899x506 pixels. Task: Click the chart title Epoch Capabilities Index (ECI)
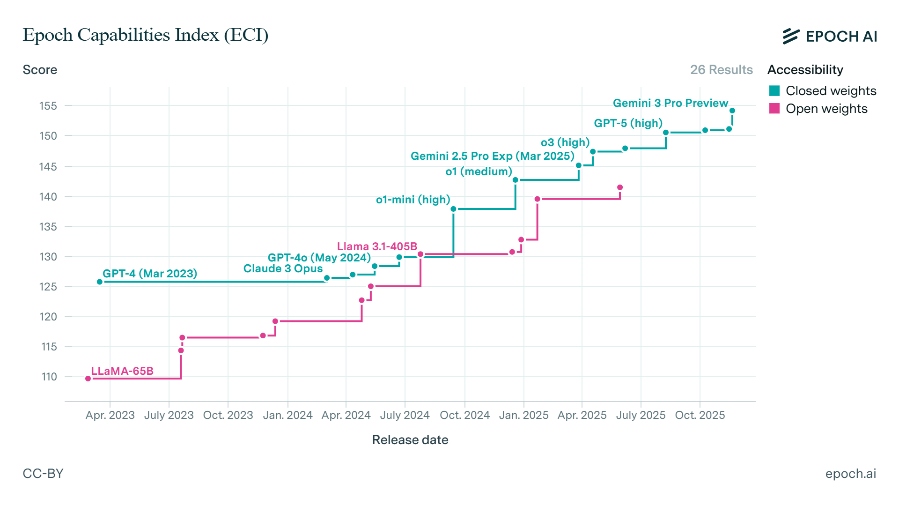click(x=146, y=35)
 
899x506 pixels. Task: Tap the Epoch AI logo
click(x=829, y=36)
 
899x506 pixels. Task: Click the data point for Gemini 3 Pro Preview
click(x=732, y=111)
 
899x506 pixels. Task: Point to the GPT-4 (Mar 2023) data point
click(x=100, y=282)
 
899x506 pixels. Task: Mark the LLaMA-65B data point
click(x=88, y=379)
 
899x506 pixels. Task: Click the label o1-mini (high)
click(x=413, y=200)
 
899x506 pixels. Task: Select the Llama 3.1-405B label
click(x=377, y=246)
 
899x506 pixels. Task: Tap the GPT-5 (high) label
click(x=628, y=123)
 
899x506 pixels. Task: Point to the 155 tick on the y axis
click(x=48, y=106)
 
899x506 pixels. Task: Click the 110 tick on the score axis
click(x=49, y=377)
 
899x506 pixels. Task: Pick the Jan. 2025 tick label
click(x=523, y=415)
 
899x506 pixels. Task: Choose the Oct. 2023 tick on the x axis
click(x=228, y=415)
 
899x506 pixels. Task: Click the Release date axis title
click(x=410, y=440)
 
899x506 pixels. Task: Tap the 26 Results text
click(x=721, y=70)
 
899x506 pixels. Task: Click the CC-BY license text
click(x=43, y=474)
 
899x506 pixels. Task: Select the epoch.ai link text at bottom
click(x=850, y=474)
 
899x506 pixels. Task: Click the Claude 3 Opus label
click(x=283, y=269)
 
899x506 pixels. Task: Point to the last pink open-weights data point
click(x=620, y=187)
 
